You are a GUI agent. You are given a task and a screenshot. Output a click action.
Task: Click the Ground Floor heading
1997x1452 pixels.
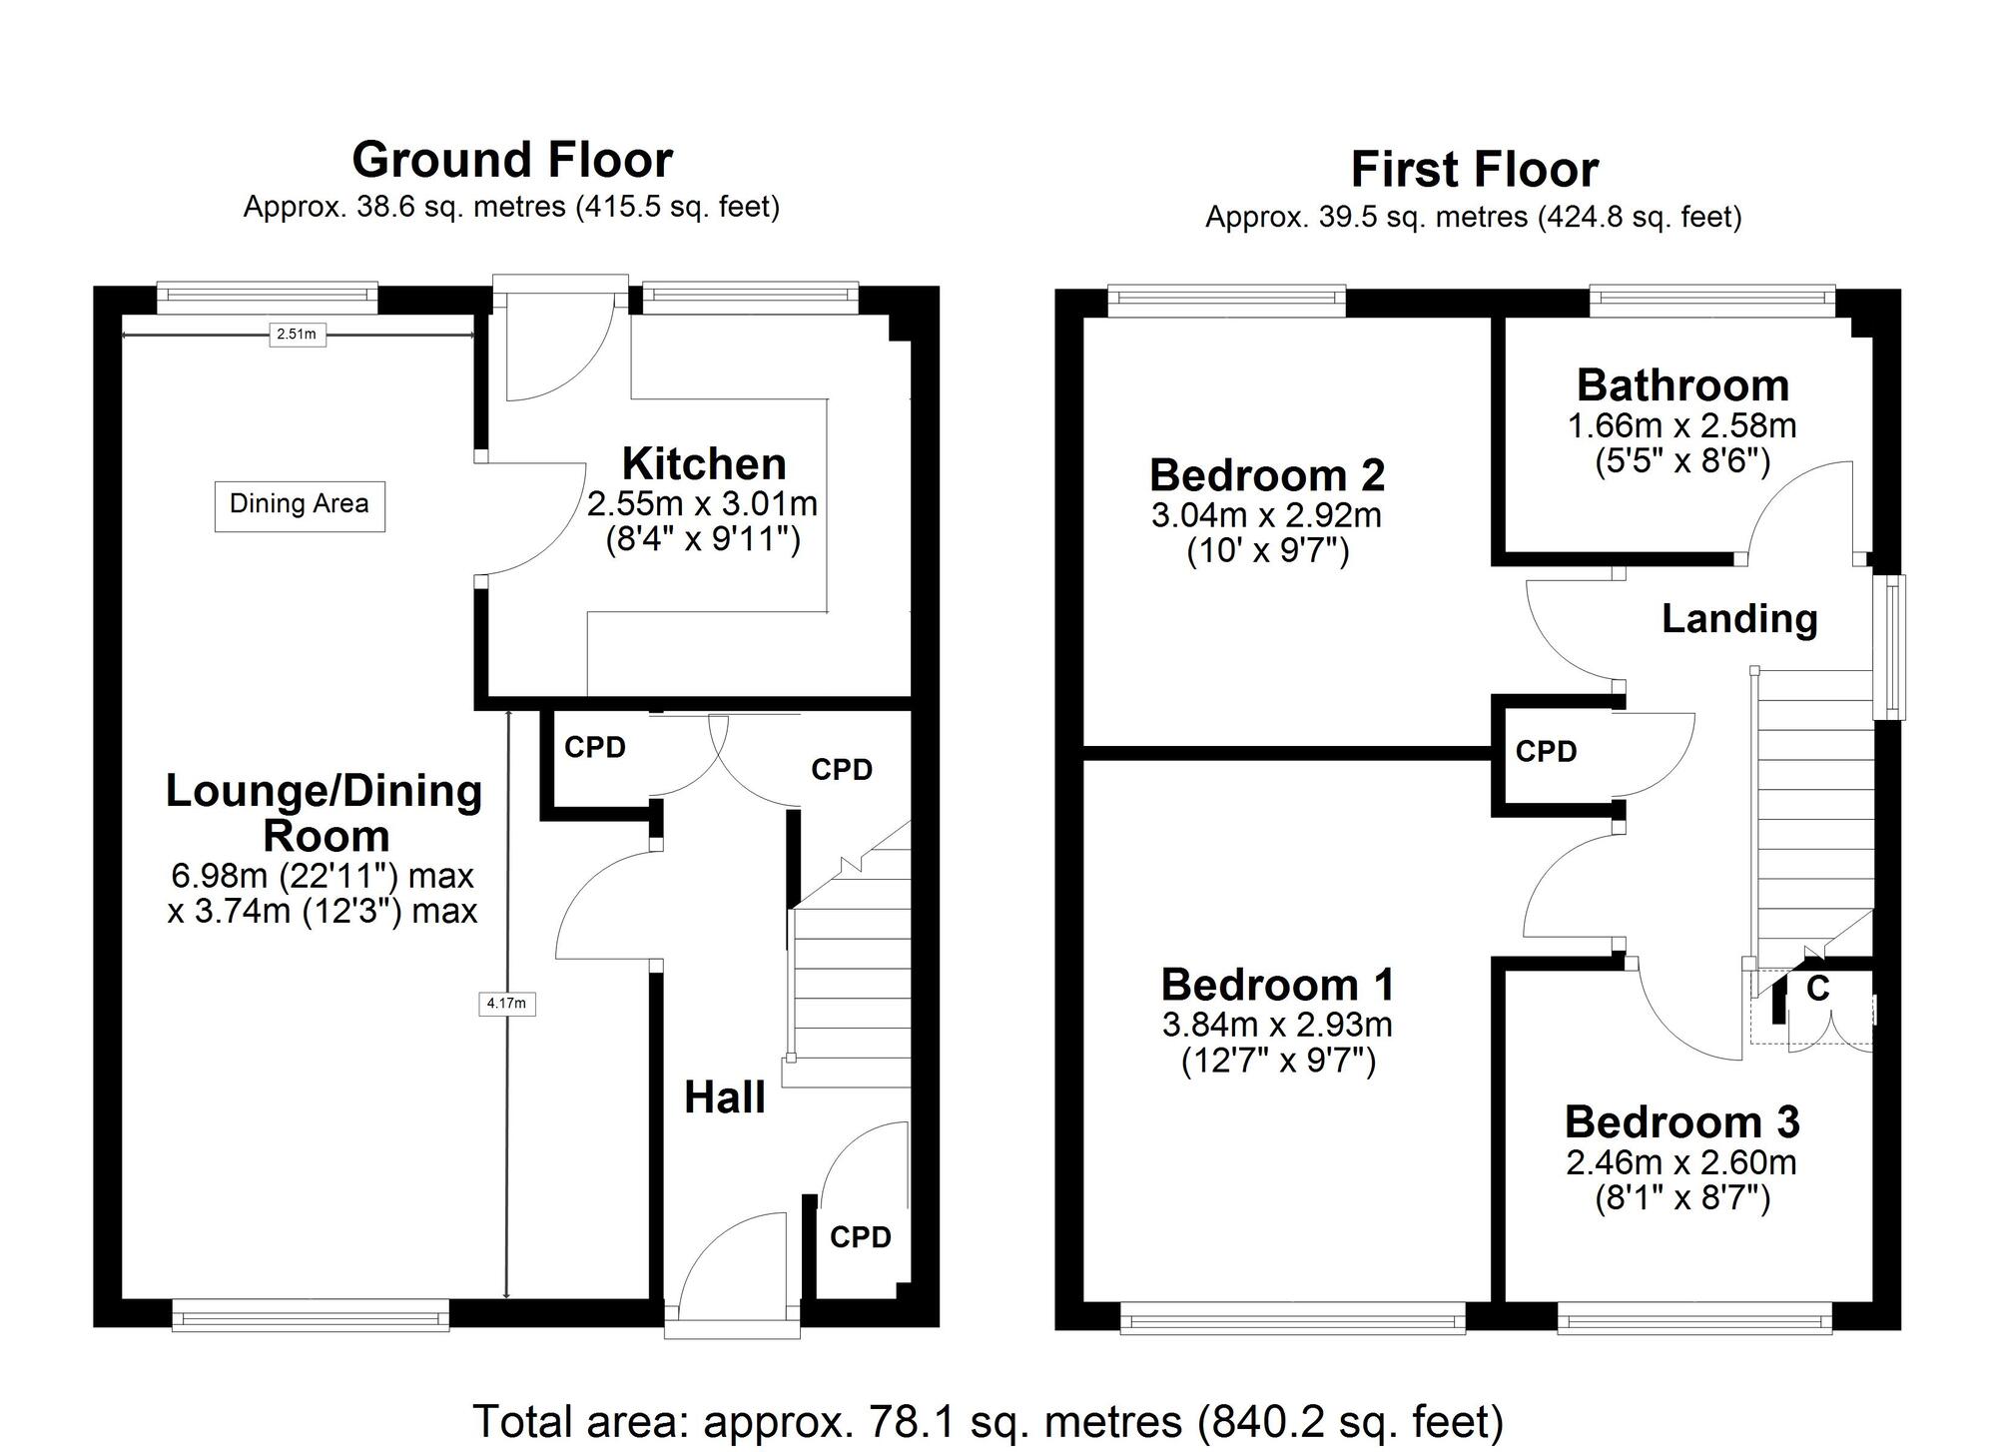512,160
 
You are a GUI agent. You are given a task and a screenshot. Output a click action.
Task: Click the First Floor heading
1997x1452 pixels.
1474,170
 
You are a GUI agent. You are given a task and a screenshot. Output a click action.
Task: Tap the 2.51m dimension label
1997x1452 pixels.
297,335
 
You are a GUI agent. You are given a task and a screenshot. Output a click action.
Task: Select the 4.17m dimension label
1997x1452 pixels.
507,1003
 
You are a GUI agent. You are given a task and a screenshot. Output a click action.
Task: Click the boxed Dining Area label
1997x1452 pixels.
300,504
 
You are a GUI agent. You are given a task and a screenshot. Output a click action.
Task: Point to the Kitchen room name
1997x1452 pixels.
704,464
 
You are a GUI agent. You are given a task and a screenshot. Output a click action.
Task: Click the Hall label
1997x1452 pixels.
724,1097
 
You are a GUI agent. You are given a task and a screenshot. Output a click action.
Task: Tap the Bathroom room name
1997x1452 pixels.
1682,385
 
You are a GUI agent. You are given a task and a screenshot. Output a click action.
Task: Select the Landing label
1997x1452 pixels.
1738,619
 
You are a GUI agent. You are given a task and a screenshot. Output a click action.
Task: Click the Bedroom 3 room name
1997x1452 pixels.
1681,1122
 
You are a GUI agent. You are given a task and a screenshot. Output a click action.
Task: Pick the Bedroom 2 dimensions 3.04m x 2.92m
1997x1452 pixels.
1266,515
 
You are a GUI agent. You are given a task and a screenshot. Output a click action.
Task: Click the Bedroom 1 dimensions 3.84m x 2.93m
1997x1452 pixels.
1277,1025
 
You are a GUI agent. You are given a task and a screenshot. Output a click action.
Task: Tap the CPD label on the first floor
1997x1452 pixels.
1546,752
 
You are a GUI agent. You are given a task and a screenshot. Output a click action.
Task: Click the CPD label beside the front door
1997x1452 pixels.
860,1237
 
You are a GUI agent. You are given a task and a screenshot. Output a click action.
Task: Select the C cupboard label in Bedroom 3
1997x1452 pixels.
1818,989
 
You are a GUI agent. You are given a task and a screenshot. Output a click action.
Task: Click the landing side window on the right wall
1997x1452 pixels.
1889,646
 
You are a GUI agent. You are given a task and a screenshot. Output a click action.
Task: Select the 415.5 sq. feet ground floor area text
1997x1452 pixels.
677,208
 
